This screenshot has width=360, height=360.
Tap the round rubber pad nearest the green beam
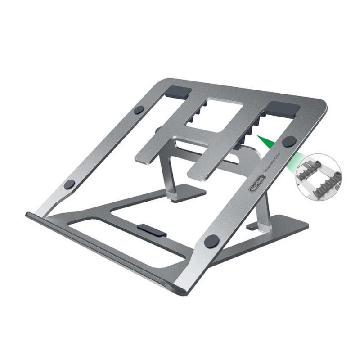pos(289,141)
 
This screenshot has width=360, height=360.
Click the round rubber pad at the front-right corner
pos(211,241)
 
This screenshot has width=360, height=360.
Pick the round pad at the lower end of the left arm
pos(69,184)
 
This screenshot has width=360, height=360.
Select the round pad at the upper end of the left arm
pos(139,110)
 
